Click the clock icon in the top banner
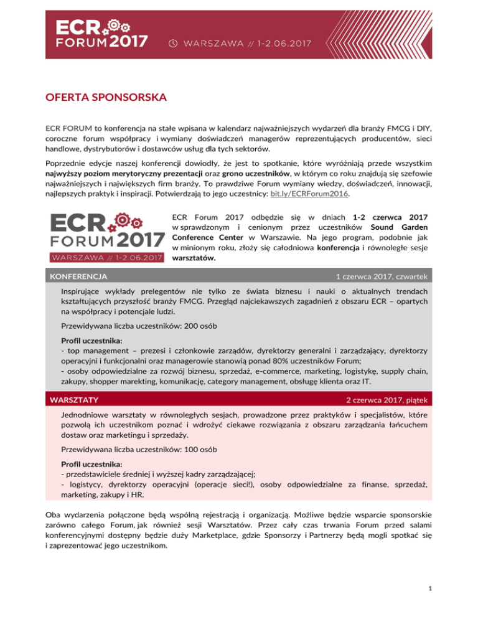(x=173, y=44)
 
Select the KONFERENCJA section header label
(x=79, y=275)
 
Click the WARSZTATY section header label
(x=75, y=398)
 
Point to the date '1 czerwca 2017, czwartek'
(x=381, y=275)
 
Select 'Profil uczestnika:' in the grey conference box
(x=91, y=341)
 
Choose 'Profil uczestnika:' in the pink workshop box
(x=91, y=464)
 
